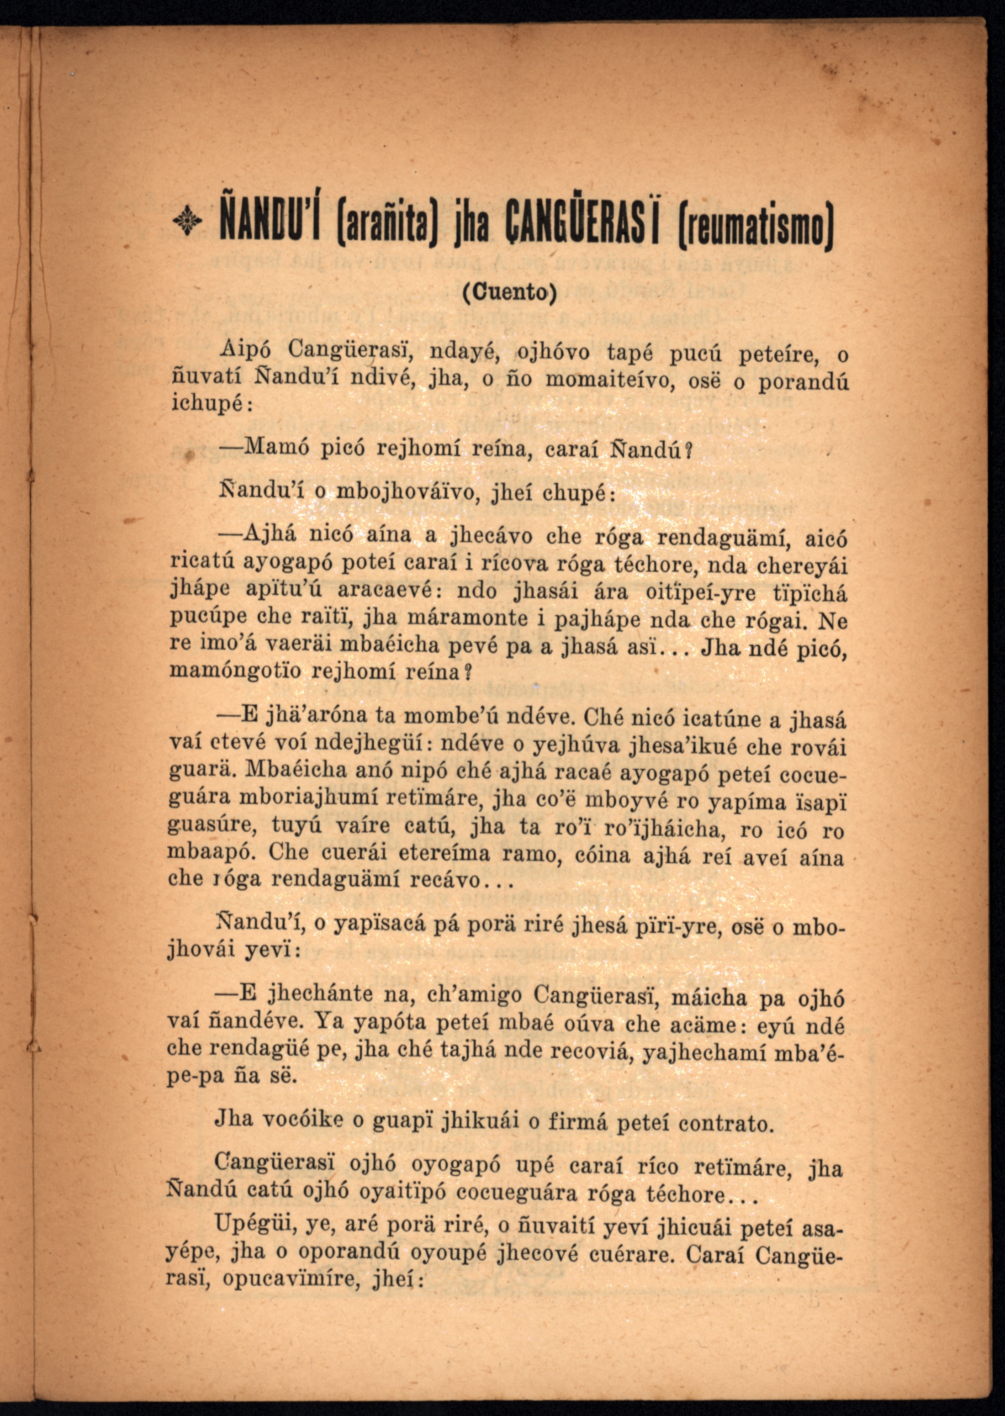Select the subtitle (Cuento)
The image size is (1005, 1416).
click(x=510, y=292)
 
